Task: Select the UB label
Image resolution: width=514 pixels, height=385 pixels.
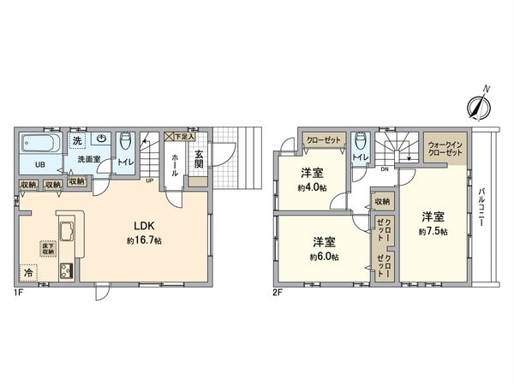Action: pyautogui.click(x=39, y=164)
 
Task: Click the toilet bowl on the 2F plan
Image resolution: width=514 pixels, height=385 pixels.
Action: pyautogui.click(x=360, y=142)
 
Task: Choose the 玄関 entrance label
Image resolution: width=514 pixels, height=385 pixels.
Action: pyautogui.click(x=198, y=160)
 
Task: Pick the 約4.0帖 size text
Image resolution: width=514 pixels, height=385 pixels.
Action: pyautogui.click(x=311, y=188)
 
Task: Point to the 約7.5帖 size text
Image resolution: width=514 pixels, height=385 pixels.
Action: pyautogui.click(x=432, y=232)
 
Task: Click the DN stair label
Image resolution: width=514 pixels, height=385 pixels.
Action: pyautogui.click(x=384, y=169)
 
